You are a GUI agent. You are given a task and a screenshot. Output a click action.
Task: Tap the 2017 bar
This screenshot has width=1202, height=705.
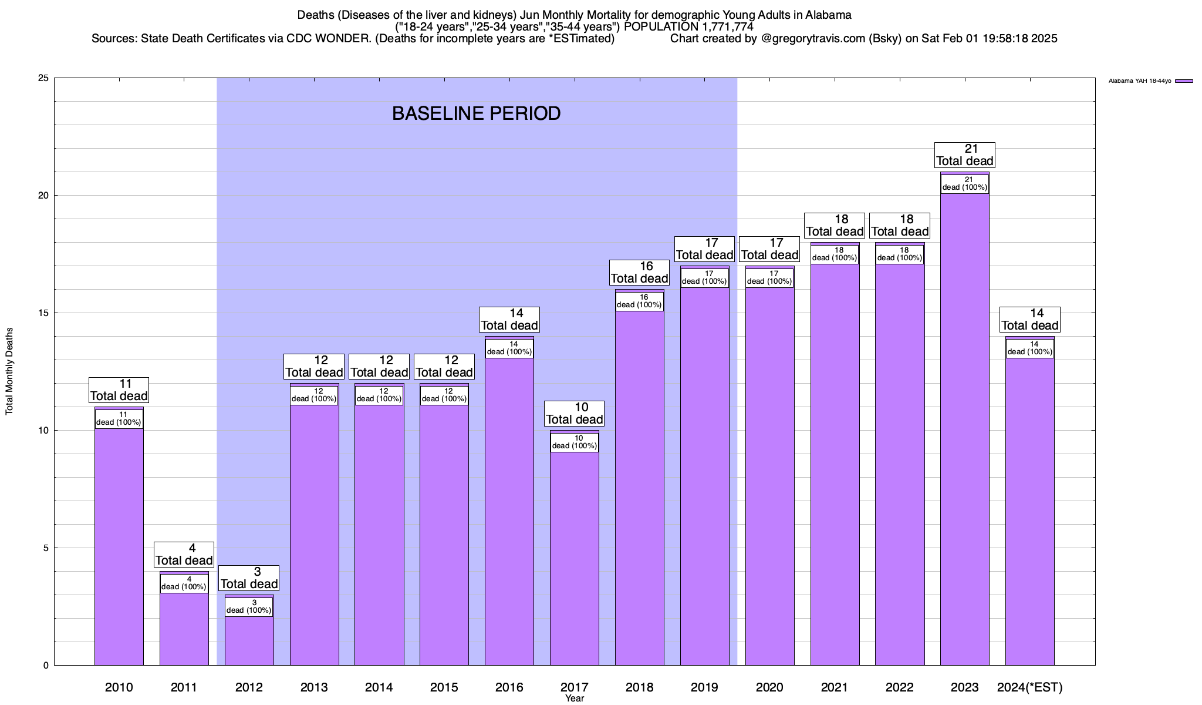coord(575,558)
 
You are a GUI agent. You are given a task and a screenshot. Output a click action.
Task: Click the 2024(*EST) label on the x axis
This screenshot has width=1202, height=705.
coord(1030,687)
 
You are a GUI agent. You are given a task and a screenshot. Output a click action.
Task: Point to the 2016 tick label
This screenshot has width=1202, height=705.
coord(509,687)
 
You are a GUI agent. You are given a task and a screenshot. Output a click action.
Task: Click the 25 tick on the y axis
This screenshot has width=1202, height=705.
coord(43,78)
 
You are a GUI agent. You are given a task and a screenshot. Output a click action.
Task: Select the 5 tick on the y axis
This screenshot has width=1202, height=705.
coord(46,548)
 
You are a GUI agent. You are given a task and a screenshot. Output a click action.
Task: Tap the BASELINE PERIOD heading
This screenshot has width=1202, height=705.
coord(476,113)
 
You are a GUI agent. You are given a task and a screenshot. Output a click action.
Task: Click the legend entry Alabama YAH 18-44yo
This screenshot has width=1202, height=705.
coord(1150,81)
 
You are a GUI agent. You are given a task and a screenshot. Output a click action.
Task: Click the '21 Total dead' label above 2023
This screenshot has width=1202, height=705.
coord(964,155)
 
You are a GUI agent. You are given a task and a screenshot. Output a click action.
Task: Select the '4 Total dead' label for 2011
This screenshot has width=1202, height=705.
coord(184,555)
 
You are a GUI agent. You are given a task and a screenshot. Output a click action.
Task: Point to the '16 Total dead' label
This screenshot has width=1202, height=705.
coord(639,273)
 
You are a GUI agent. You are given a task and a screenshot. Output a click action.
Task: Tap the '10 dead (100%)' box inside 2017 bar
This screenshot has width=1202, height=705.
coord(575,442)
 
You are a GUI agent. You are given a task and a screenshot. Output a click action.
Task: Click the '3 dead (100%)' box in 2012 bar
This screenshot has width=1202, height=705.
coord(249,607)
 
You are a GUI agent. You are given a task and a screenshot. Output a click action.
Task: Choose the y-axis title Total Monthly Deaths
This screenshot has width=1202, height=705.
coord(9,371)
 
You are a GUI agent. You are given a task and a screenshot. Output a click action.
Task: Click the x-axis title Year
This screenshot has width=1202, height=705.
coord(575,699)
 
